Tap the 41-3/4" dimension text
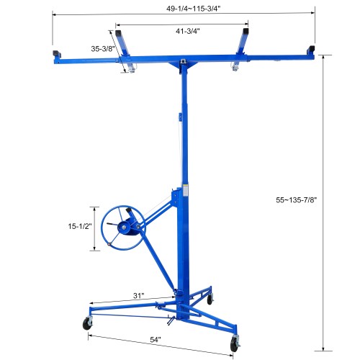tap(186, 32)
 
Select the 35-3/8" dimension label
tap(103, 49)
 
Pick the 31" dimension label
tap(138, 294)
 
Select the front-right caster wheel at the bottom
tap(235, 346)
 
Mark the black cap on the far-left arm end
tap(55, 55)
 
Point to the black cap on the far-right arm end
tap(311, 50)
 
